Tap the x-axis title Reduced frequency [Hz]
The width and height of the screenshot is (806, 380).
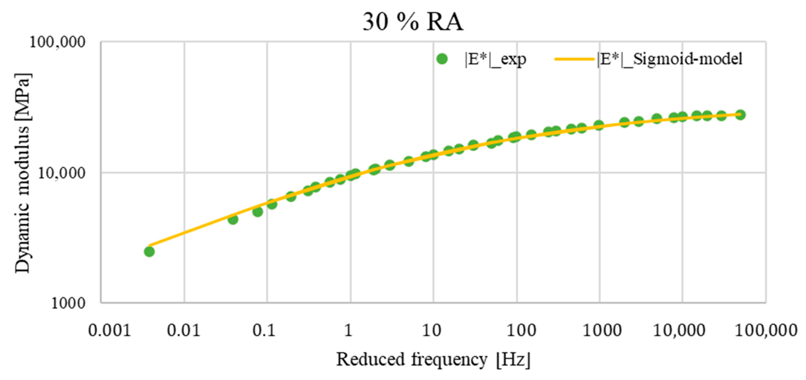(433, 359)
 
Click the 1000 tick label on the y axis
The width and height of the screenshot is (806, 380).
(68, 303)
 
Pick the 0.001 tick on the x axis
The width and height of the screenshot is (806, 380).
(109, 330)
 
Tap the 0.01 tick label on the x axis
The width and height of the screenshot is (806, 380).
(184, 330)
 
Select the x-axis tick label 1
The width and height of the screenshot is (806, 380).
(348, 330)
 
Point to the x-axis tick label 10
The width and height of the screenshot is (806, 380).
(431, 330)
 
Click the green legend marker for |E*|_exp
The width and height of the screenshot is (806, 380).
(442, 59)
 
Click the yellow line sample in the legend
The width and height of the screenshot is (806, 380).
(574, 59)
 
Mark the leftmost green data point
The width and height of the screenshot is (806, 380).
(149, 251)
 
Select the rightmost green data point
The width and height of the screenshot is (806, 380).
(740, 115)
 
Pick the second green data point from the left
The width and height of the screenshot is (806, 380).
(233, 219)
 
